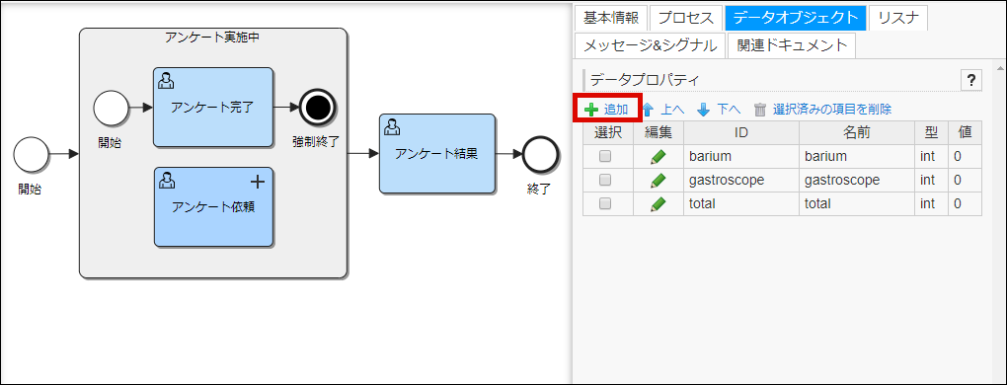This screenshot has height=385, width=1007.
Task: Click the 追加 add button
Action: click(607, 109)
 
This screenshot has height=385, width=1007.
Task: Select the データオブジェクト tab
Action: click(795, 17)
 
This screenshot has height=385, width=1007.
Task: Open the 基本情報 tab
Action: click(609, 17)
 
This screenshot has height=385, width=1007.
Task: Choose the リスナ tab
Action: click(898, 17)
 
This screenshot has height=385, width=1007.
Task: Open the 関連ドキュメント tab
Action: click(792, 44)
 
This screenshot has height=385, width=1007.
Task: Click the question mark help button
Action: click(970, 81)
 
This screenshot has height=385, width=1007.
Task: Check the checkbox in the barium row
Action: click(605, 156)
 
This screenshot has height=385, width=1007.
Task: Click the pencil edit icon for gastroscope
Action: click(658, 180)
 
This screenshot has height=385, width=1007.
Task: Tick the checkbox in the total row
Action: click(605, 203)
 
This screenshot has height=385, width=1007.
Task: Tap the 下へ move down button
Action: click(719, 110)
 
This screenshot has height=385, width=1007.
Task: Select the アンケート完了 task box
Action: click(212, 105)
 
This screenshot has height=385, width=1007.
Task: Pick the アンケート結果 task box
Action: click(436, 153)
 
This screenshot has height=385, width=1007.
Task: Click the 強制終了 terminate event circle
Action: click(317, 105)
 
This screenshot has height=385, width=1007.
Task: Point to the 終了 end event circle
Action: click(539, 153)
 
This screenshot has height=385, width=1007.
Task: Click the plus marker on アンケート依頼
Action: click(258, 181)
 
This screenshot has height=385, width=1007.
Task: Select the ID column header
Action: click(740, 132)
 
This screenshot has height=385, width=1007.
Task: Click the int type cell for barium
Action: click(927, 156)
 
